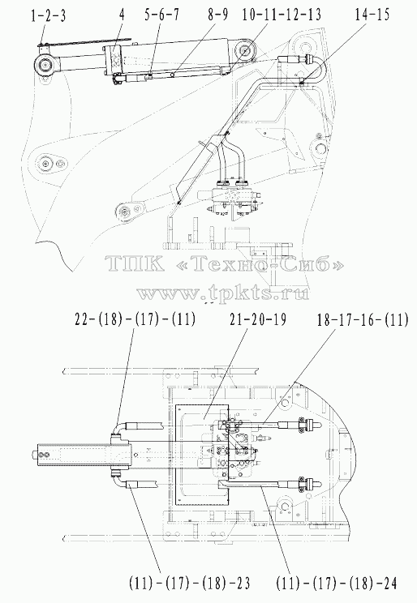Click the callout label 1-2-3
coord(49,15)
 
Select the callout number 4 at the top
coord(122,15)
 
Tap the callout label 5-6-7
coord(161,15)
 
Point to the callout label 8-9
coord(217,15)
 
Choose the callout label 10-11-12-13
coord(282,15)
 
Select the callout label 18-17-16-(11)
coord(363,319)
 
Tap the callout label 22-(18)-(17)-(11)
coord(135,319)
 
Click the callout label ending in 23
coord(190,584)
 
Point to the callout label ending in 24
coord(336,584)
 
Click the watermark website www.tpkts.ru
coord(222,294)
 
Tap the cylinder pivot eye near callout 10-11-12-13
coord(245,51)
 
